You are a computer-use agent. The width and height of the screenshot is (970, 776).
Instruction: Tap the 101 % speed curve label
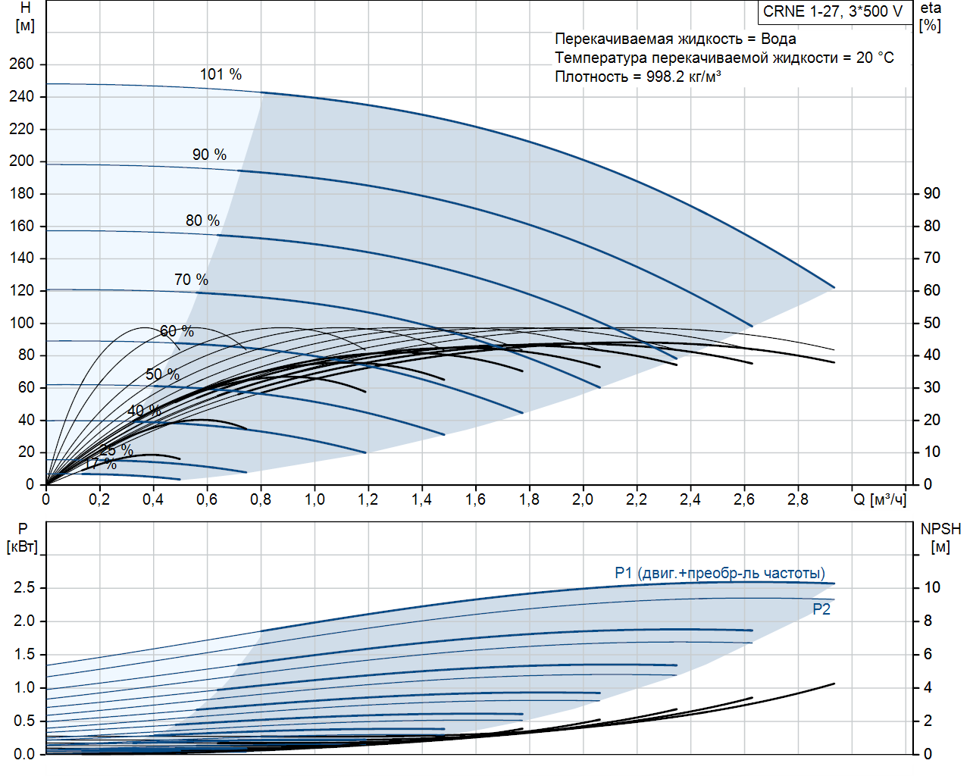(x=221, y=74)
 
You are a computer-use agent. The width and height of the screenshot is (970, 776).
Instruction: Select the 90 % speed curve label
(x=209, y=155)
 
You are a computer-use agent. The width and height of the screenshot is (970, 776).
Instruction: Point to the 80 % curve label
(x=202, y=221)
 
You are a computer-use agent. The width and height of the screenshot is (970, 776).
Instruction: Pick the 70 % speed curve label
(x=191, y=280)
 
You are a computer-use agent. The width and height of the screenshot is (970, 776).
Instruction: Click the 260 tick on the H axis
(x=22, y=64)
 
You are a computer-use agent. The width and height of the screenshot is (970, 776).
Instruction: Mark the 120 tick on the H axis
(x=22, y=290)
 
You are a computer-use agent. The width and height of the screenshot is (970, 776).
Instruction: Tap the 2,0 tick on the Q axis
(x=583, y=499)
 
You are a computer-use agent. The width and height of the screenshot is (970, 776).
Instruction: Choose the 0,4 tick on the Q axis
(x=153, y=499)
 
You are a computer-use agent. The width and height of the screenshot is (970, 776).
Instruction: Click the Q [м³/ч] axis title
(x=879, y=499)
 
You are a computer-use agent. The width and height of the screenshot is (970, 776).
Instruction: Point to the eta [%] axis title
(x=931, y=17)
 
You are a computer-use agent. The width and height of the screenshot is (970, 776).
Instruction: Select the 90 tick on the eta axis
(x=931, y=193)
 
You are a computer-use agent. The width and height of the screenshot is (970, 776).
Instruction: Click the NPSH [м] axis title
(x=940, y=537)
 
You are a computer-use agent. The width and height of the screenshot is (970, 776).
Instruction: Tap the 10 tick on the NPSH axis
(x=931, y=587)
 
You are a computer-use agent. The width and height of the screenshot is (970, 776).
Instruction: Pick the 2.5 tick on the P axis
(x=24, y=587)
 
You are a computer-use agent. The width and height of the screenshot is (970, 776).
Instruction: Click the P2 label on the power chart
(x=821, y=609)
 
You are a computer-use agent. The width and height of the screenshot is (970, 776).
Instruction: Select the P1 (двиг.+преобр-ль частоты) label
(x=719, y=573)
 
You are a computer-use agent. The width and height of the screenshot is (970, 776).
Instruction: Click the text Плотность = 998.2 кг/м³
(x=637, y=77)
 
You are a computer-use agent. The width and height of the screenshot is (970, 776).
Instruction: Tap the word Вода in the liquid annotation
(x=778, y=39)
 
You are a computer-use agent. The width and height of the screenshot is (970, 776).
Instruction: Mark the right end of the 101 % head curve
(x=834, y=287)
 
